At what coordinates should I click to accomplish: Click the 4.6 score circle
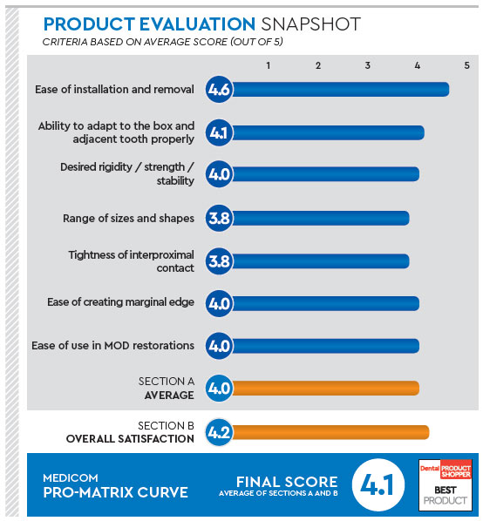click(x=219, y=90)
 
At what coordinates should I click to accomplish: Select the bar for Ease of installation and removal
click(x=340, y=90)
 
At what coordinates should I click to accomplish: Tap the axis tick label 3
click(x=367, y=65)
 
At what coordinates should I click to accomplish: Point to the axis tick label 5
click(x=466, y=65)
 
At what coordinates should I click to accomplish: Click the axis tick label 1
click(x=269, y=65)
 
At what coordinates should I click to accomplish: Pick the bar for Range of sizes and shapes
click(x=320, y=219)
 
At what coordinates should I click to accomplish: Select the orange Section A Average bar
click(x=325, y=388)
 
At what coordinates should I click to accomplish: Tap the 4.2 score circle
click(x=219, y=432)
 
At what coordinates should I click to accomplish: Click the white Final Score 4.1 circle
click(x=378, y=484)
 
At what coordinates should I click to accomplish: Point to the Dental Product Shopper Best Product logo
click(x=446, y=484)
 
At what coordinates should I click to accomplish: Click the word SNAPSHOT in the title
click(x=310, y=24)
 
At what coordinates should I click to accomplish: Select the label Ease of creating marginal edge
click(x=120, y=302)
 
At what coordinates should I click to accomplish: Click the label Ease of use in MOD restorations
click(x=113, y=346)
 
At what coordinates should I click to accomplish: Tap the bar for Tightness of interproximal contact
click(x=320, y=261)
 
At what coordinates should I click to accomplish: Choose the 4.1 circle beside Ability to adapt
click(x=219, y=132)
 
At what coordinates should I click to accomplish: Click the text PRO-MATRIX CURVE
click(x=115, y=492)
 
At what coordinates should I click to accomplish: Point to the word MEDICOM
click(x=71, y=477)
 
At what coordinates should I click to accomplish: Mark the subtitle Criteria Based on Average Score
click(x=162, y=42)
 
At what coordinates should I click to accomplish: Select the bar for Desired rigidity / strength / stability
click(x=325, y=174)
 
